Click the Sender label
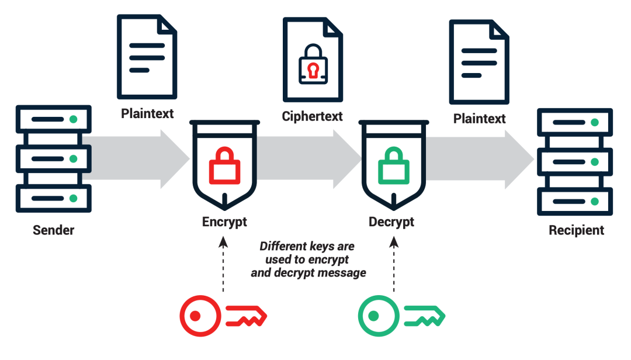pos(53,230)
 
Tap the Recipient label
pos(576,230)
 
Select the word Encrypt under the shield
pos(224,222)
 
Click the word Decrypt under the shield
pos(391,222)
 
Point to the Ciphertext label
pos(312,116)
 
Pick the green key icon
pos(401,316)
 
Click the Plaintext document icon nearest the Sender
pos(147,56)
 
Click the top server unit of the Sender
pos(53,119)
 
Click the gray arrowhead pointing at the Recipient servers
pos(519,159)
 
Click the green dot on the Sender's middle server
pos(73,159)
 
